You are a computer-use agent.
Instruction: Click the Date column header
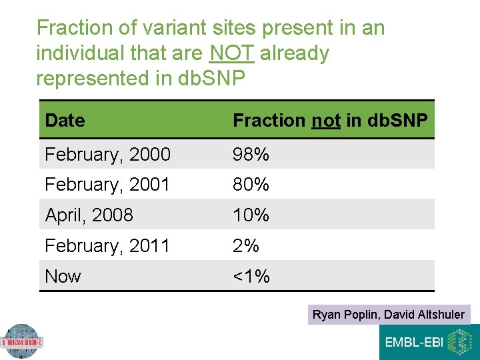[x=65, y=121]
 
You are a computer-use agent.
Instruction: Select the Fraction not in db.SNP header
[x=330, y=121]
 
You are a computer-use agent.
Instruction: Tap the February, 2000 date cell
[x=107, y=155]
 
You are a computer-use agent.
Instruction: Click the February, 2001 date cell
[x=107, y=185]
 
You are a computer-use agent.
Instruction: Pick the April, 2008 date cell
[x=89, y=215]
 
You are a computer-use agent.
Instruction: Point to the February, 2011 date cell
[x=107, y=246]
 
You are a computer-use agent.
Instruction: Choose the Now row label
[x=63, y=276]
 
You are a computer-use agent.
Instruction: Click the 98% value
[x=251, y=155]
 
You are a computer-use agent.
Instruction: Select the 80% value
[x=251, y=185]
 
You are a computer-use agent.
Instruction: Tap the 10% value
[x=251, y=215]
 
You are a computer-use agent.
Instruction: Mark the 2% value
[x=245, y=246]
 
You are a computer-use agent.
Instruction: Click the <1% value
[x=251, y=276]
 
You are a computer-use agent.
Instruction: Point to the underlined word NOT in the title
[x=231, y=53]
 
